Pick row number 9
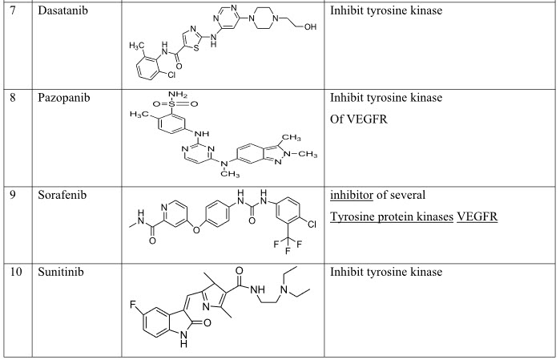12,198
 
